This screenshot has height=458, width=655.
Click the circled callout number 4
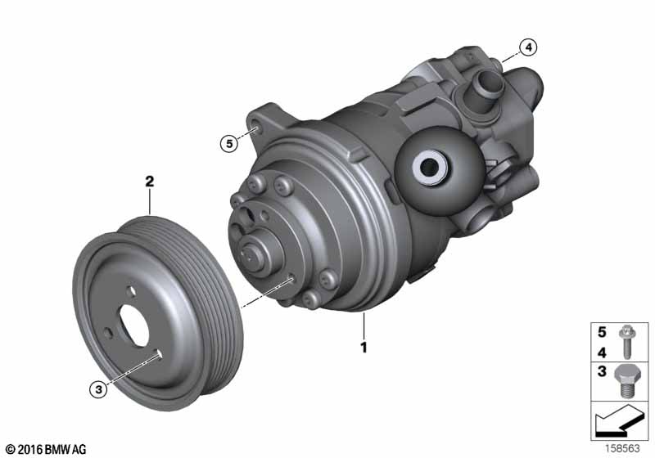pyautogui.click(x=529, y=47)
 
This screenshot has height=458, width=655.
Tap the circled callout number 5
pyautogui.click(x=229, y=144)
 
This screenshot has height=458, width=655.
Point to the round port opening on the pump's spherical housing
pyautogui.click(x=427, y=169)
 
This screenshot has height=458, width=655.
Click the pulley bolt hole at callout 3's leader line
pyautogui.click(x=156, y=353)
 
